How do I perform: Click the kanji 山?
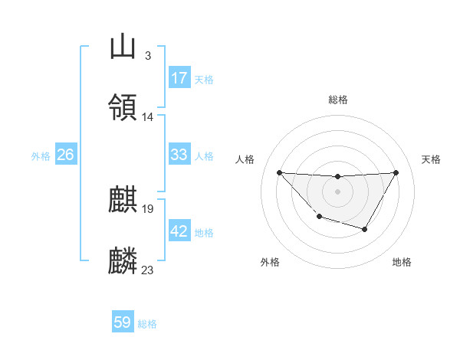tap(123, 47)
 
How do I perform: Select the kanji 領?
tap(123, 106)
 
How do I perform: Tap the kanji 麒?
tap(123, 200)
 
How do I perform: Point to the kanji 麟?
tap(123, 260)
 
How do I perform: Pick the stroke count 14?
tap(148, 116)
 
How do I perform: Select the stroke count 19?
tap(148, 208)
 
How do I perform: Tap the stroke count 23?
tap(148, 270)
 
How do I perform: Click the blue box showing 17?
tap(179, 77)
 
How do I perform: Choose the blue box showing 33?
tap(179, 155)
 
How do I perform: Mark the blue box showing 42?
tap(179, 231)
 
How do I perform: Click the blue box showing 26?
tap(65, 155)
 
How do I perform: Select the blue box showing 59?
tap(123, 322)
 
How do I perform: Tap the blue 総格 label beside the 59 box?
tap(147, 324)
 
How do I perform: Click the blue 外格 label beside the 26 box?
tap(41, 156)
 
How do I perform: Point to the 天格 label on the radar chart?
tap(431, 159)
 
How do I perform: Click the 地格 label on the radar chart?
tap(402, 262)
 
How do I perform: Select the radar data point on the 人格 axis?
tap(279, 172)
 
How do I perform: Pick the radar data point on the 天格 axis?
tap(396, 172)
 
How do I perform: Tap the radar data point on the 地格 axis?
tap(365, 229)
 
